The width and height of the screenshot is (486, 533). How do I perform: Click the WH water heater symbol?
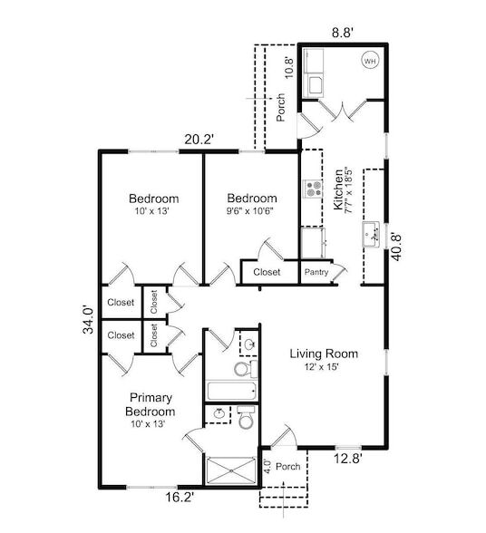pyautogui.click(x=370, y=61)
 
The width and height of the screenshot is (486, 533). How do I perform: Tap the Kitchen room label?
pyautogui.click(x=340, y=189)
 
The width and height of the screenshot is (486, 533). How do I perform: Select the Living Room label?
pyautogui.click(x=324, y=354)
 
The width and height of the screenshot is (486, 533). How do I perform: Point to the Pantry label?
pyautogui.click(x=316, y=272)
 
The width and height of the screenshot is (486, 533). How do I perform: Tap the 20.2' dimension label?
pyautogui.click(x=199, y=139)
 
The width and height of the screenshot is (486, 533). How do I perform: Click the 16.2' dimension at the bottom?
pyautogui.click(x=180, y=497)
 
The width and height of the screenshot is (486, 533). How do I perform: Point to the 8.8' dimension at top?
pyautogui.click(x=343, y=31)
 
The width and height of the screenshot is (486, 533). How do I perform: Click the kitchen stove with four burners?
pyautogui.click(x=313, y=189)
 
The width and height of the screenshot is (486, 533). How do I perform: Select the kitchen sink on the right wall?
pyautogui.click(x=372, y=235)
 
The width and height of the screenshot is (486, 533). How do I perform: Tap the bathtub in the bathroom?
pyautogui.click(x=232, y=392)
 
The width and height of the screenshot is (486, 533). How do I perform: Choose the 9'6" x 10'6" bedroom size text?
pyautogui.click(x=251, y=210)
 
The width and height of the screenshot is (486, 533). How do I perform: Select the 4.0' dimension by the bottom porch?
pyautogui.click(x=267, y=469)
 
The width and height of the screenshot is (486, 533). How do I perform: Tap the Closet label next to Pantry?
pyautogui.click(x=267, y=272)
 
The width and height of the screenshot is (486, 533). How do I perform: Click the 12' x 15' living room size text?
pyautogui.click(x=324, y=367)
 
